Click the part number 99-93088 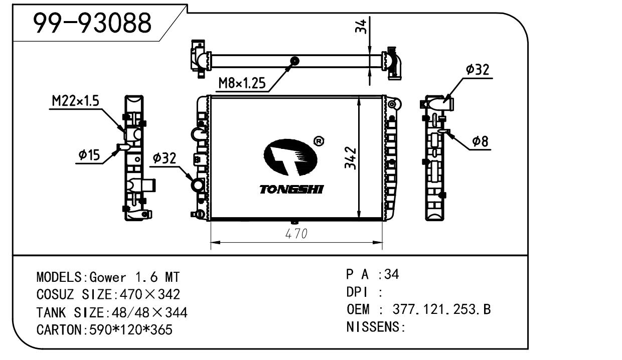tap(92, 23)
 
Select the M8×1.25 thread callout tap(242, 83)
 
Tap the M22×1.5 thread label tap(76, 102)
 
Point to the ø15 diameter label tap(89, 155)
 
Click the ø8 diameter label tap(480, 142)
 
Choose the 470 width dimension tap(296, 234)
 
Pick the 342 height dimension tap(352, 158)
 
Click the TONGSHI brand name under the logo tap(291, 190)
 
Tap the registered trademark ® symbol tap(318, 142)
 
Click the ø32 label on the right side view tap(477, 70)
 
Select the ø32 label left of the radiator tap(164, 159)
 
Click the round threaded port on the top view tap(295, 62)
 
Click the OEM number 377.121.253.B tap(441, 310)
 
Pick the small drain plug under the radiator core tap(295, 222)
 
